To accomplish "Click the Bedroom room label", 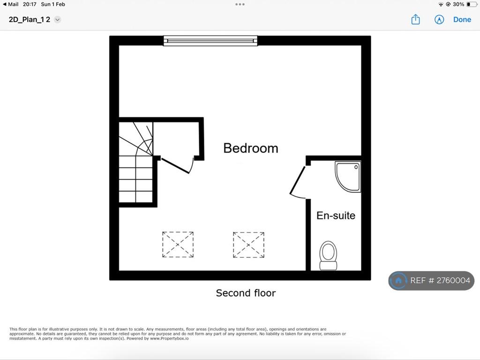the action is click(251, 149).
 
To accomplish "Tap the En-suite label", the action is click(336, 216).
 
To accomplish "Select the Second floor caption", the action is click(246, 293).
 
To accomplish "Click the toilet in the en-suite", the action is click(328, 255).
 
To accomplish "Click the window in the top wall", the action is click(210, 41).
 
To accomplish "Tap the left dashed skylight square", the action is click(178, 245).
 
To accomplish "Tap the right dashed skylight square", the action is click(248, 245).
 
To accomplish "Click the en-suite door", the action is click(297, 181).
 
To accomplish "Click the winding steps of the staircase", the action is click(136, 139).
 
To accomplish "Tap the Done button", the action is click(462, 20).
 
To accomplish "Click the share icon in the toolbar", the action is click(415, 19).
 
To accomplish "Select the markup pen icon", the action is click(439, 20).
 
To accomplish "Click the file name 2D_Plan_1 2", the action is click(30, 20).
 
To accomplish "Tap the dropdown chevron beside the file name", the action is click(57, 20).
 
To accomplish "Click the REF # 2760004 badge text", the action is click(440, 280).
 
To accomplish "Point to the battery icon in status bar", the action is click(472, 4).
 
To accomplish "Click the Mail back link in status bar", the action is click(11, 4).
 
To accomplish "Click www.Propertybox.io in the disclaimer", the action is click(169, 338).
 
